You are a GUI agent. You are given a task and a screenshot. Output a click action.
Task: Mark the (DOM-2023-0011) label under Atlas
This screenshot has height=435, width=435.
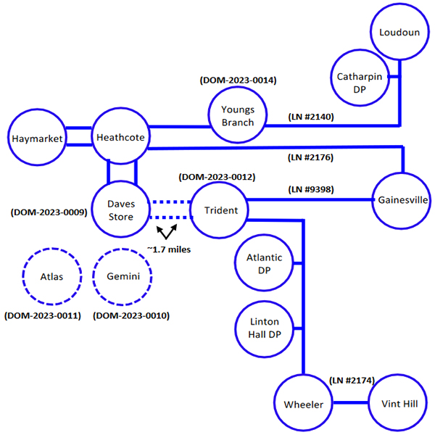(x=43, y=315)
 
